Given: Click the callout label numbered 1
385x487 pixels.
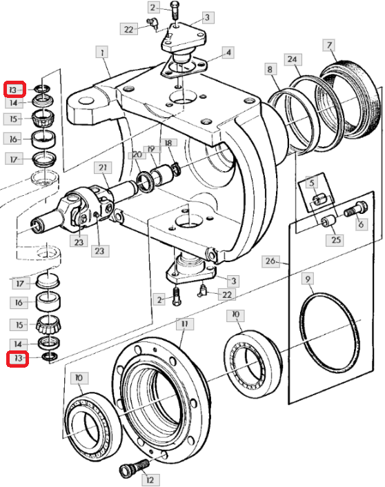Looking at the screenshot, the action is pos(102,52).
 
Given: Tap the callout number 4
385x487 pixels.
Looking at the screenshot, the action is pos(228,52).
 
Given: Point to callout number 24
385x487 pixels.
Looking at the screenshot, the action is pos(293,59).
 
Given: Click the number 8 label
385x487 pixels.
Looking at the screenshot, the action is pos(270,69).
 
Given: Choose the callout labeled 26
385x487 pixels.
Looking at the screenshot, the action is pos(270,261).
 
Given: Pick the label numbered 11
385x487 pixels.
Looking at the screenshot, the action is pos(185,324).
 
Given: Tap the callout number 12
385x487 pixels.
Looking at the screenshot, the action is pos(150,480).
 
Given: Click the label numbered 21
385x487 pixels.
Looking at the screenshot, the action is pos(103,168).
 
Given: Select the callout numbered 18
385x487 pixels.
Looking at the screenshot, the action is pos(168,143).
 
